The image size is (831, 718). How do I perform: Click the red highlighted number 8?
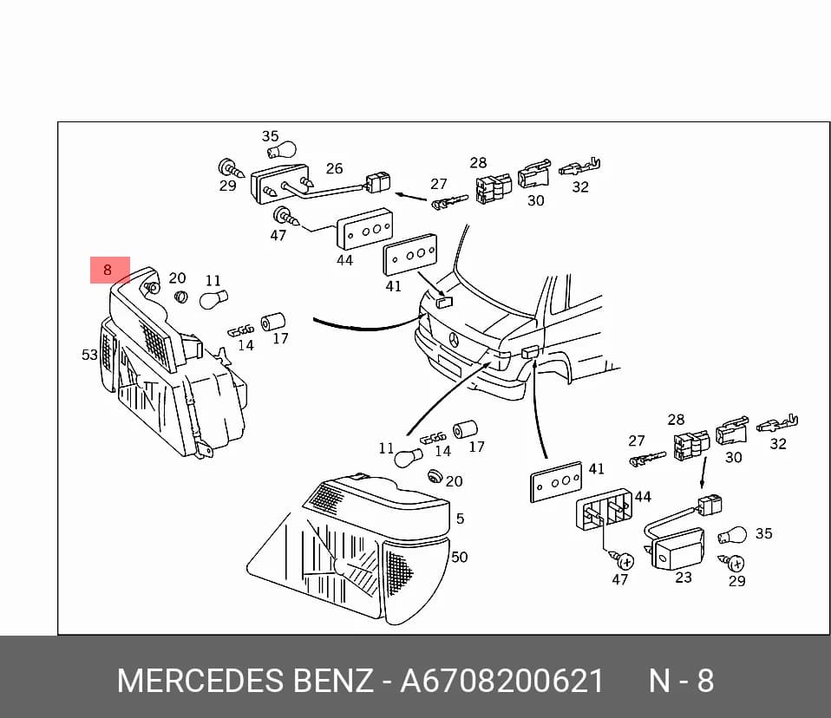pyautogui.click(x=108, y=271)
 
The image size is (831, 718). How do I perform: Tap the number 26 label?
pyautogui.click(x=335, y=168)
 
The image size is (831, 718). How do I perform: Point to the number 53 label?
pyautogui.click(x=89, y=355)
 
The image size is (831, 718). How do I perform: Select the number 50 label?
pyautogui.click(x=460, y=557)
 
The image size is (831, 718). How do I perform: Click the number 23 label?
pyautogui.click(x=684, y=577)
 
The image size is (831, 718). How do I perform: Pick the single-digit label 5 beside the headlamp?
pyautogui.click(x=460, y=519)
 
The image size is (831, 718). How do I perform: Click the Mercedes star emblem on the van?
pyautogui.click(x=454, y=340)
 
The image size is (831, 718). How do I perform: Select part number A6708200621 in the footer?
pyautogui.click(x=502, y=681)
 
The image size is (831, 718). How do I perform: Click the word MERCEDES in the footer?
pyautogui.click(x=200, y=681)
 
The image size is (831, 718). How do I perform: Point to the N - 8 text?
pyautogui.click(x=682, y=681)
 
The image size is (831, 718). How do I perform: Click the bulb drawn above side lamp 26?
pyautogui.click(x=281, y=151)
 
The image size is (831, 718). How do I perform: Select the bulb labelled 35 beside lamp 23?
pyautogui.click(x=732, y=536)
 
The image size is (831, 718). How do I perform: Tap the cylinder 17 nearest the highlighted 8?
pyautogui.click(x=273, y=322)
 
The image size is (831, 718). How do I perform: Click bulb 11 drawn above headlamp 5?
pyautogui.click(x=408, y=457)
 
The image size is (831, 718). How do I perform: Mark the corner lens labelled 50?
pyautogui.click(x=416, y=580)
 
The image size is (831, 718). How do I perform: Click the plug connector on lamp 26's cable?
pyautogui.click(x=376, y=183)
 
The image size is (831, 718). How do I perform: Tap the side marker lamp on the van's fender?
pyautogui.click(x=531, y=352)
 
